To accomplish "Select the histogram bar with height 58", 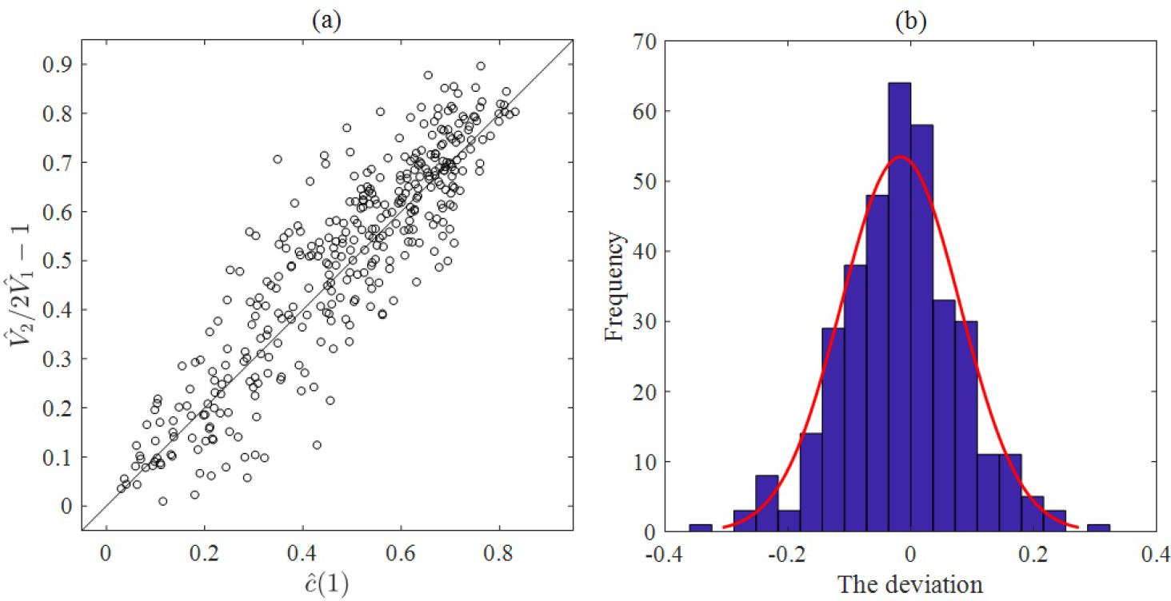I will point(921,328).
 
